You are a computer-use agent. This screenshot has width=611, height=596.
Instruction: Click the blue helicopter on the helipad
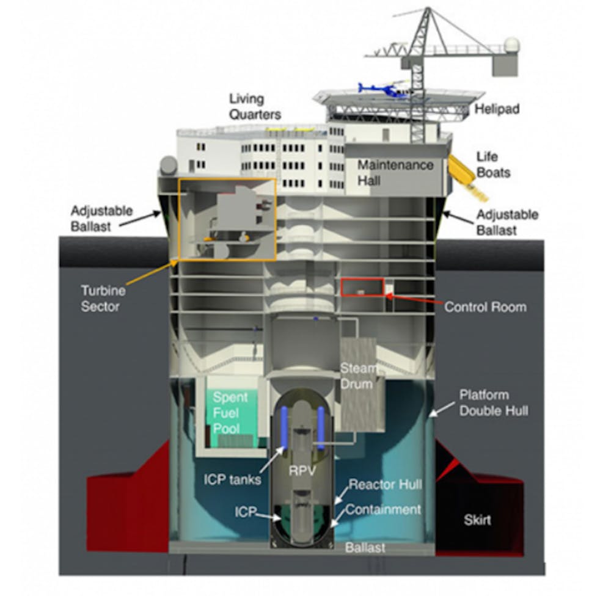pyautogui.click(x=384, y=90)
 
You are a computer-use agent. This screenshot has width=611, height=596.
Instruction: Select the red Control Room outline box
pyautogui.click(x=362, y=287)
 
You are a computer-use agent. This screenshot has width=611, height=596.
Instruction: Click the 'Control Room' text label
pyautogui.click(x=485, y=307)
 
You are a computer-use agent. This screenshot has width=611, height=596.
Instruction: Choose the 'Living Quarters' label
pyautogui.click(x=255, y=106)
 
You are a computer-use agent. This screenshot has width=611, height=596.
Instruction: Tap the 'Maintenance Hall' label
pyautogui.click(x=395, y=173)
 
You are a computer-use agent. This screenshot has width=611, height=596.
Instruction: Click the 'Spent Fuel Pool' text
pyautogui.click(x=230, y=412)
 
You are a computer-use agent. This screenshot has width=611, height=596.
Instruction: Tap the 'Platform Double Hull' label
pyautogui.click(x=493, y=402)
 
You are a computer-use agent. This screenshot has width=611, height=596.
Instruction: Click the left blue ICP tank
pyautogui.click(x=284, y=429)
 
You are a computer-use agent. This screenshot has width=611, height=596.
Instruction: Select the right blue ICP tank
pyautogui.click(x=321, y=429)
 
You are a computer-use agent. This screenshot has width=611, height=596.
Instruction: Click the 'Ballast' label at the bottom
pyautogui.click(x=365, y=548)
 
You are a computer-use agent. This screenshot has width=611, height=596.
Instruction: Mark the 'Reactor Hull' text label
pyautogui.click(x=385, y=485)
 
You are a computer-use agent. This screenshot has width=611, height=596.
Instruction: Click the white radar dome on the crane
pyautogui.click(x=511, y=46)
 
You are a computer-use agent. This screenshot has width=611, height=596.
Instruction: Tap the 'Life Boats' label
pyautogui.click(x=492, y=165)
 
